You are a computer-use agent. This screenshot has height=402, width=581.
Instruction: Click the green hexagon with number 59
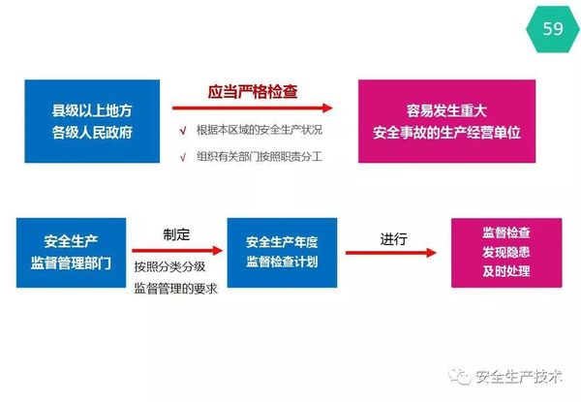552,29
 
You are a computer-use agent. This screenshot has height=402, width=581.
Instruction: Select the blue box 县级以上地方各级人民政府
92,121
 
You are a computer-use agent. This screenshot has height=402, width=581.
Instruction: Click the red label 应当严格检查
253,92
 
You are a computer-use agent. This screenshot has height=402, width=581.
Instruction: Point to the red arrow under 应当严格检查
252,108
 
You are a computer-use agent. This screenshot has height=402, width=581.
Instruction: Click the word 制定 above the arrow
177,233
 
